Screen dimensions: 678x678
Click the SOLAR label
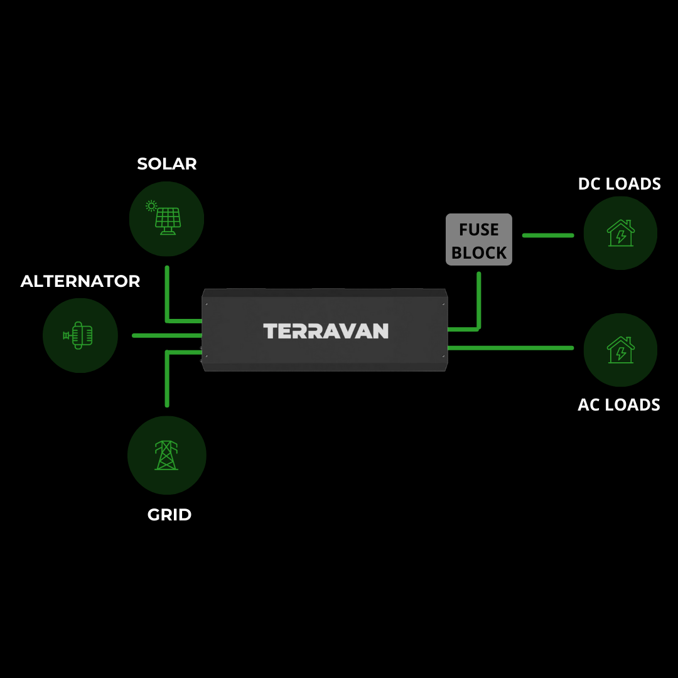point(166,164)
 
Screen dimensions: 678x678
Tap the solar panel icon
point(166,218)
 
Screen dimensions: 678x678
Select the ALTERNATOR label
point(80,281)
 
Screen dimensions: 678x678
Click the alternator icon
point(80,335)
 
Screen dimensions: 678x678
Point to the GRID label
point(169,515)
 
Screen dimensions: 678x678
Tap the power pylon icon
point(166,455)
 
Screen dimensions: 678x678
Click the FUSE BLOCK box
point(479,240)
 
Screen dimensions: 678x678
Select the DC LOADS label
point(619,184)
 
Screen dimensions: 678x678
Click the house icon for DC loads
point(620,233)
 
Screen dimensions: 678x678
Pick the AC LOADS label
point(618,405)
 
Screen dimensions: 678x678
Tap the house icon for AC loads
point(620,350)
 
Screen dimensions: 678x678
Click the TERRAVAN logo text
point(325,331)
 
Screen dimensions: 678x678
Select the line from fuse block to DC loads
point(548,235)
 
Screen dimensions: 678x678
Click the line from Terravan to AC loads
point(510,347)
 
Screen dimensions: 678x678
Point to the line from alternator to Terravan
point(167,335)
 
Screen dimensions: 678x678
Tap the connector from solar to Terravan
point(168,295)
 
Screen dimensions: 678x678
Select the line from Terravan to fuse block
point(478,301)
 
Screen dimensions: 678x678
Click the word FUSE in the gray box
point(479,230)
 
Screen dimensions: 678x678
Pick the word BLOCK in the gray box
point(479,252)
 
